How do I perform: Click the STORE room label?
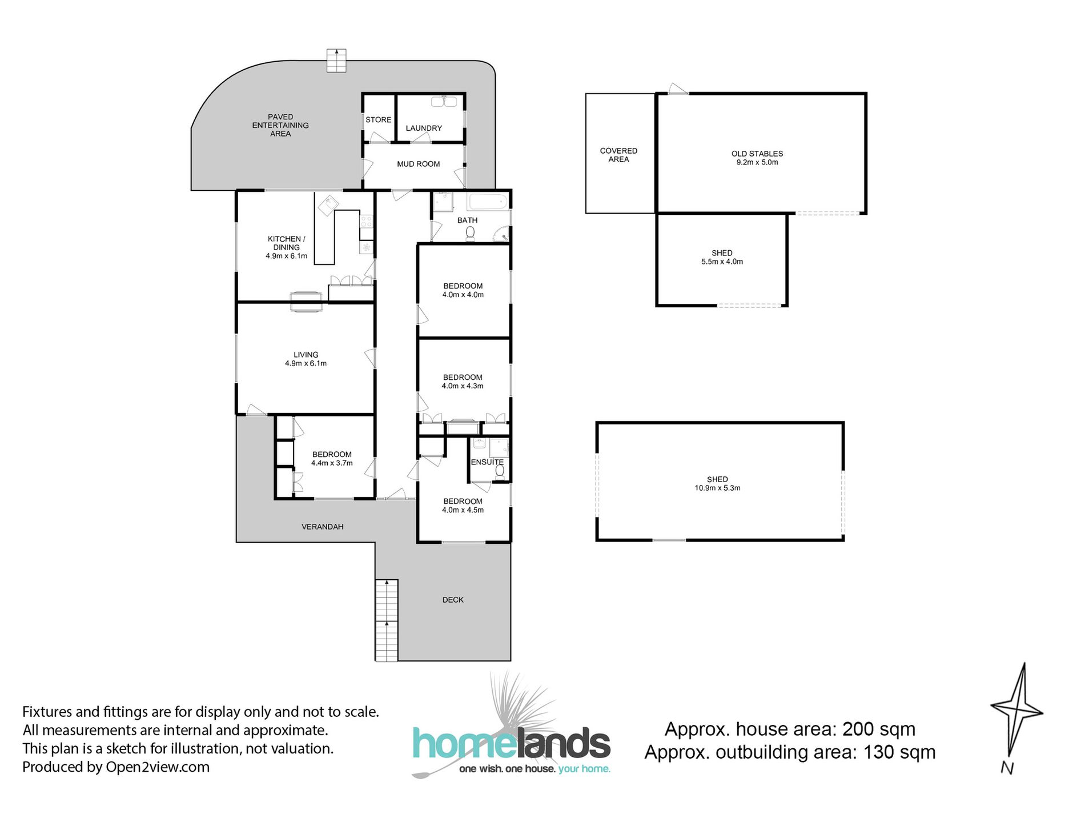pyautogui.click(x=378, y=120)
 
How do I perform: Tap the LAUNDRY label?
pyautogui.click(x=424, y=128)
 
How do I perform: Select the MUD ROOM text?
pyautogui.click(x=419, y=164)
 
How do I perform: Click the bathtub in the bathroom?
pyautogui.click(x=488, y=202)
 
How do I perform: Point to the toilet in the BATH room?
pyautogui.click(x=470, y=232)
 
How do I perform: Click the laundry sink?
pyautogui.click(x=444, y=102)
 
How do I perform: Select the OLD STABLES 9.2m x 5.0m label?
pyautogui.click(x=757, y=158)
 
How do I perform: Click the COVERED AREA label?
pyautogui.click(x=618, y=155)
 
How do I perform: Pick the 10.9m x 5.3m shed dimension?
pyautogui.click(x=717, y=488)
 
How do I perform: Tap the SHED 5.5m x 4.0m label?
pyautogui.click(x=722, y=257)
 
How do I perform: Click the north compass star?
pyautogui.click(x=1017, y=714)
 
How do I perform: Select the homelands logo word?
pyautogui.click(x=511, y=744)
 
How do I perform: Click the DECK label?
pyautogui.click(x=453, y=600)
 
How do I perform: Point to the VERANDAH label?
pyautogui.click(x=323, y=527)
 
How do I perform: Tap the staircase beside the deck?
pyautogui.click(x=387, y=621)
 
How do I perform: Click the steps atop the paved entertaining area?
pyautogui.click(x=336, y=61)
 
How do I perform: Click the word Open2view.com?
pyautogui.click(x=158, y=767)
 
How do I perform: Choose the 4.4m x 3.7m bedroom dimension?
pyautogui.click(x=332, y=463)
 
